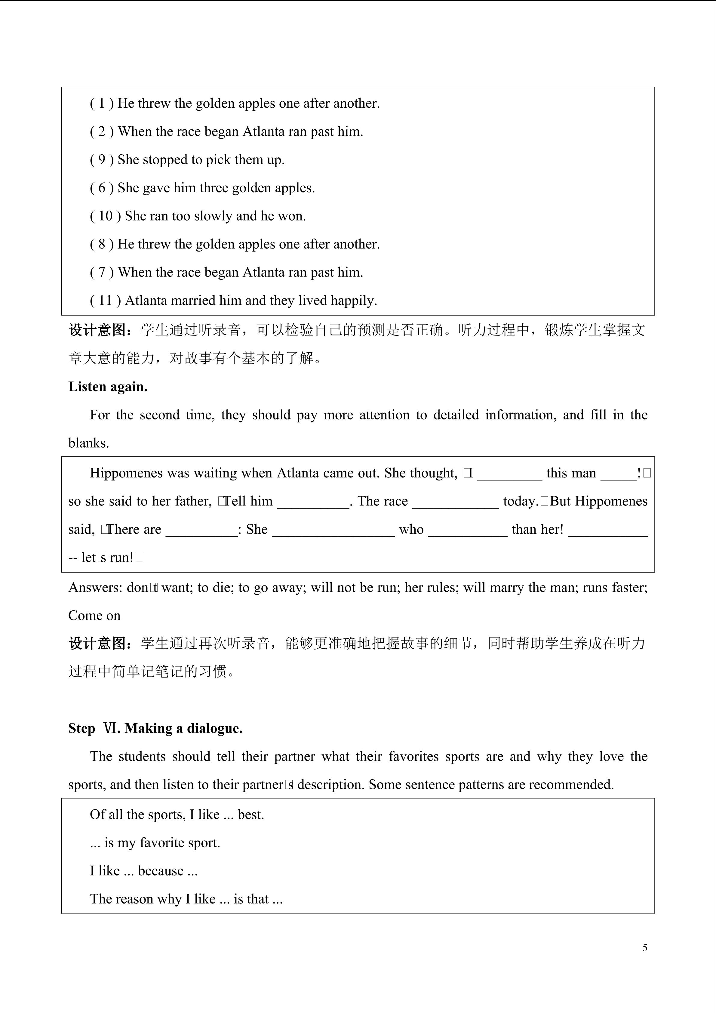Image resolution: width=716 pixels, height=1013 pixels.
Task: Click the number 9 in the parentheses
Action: (102, 160)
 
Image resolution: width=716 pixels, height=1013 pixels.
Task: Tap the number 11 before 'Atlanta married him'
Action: (105, 301)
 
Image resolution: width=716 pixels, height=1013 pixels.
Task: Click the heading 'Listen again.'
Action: (108, 387)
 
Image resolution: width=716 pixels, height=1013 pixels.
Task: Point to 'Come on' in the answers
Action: (94, 616)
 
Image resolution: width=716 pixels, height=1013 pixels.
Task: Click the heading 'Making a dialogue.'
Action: (183, 728)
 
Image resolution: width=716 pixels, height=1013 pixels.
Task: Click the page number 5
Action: (645, 948)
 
